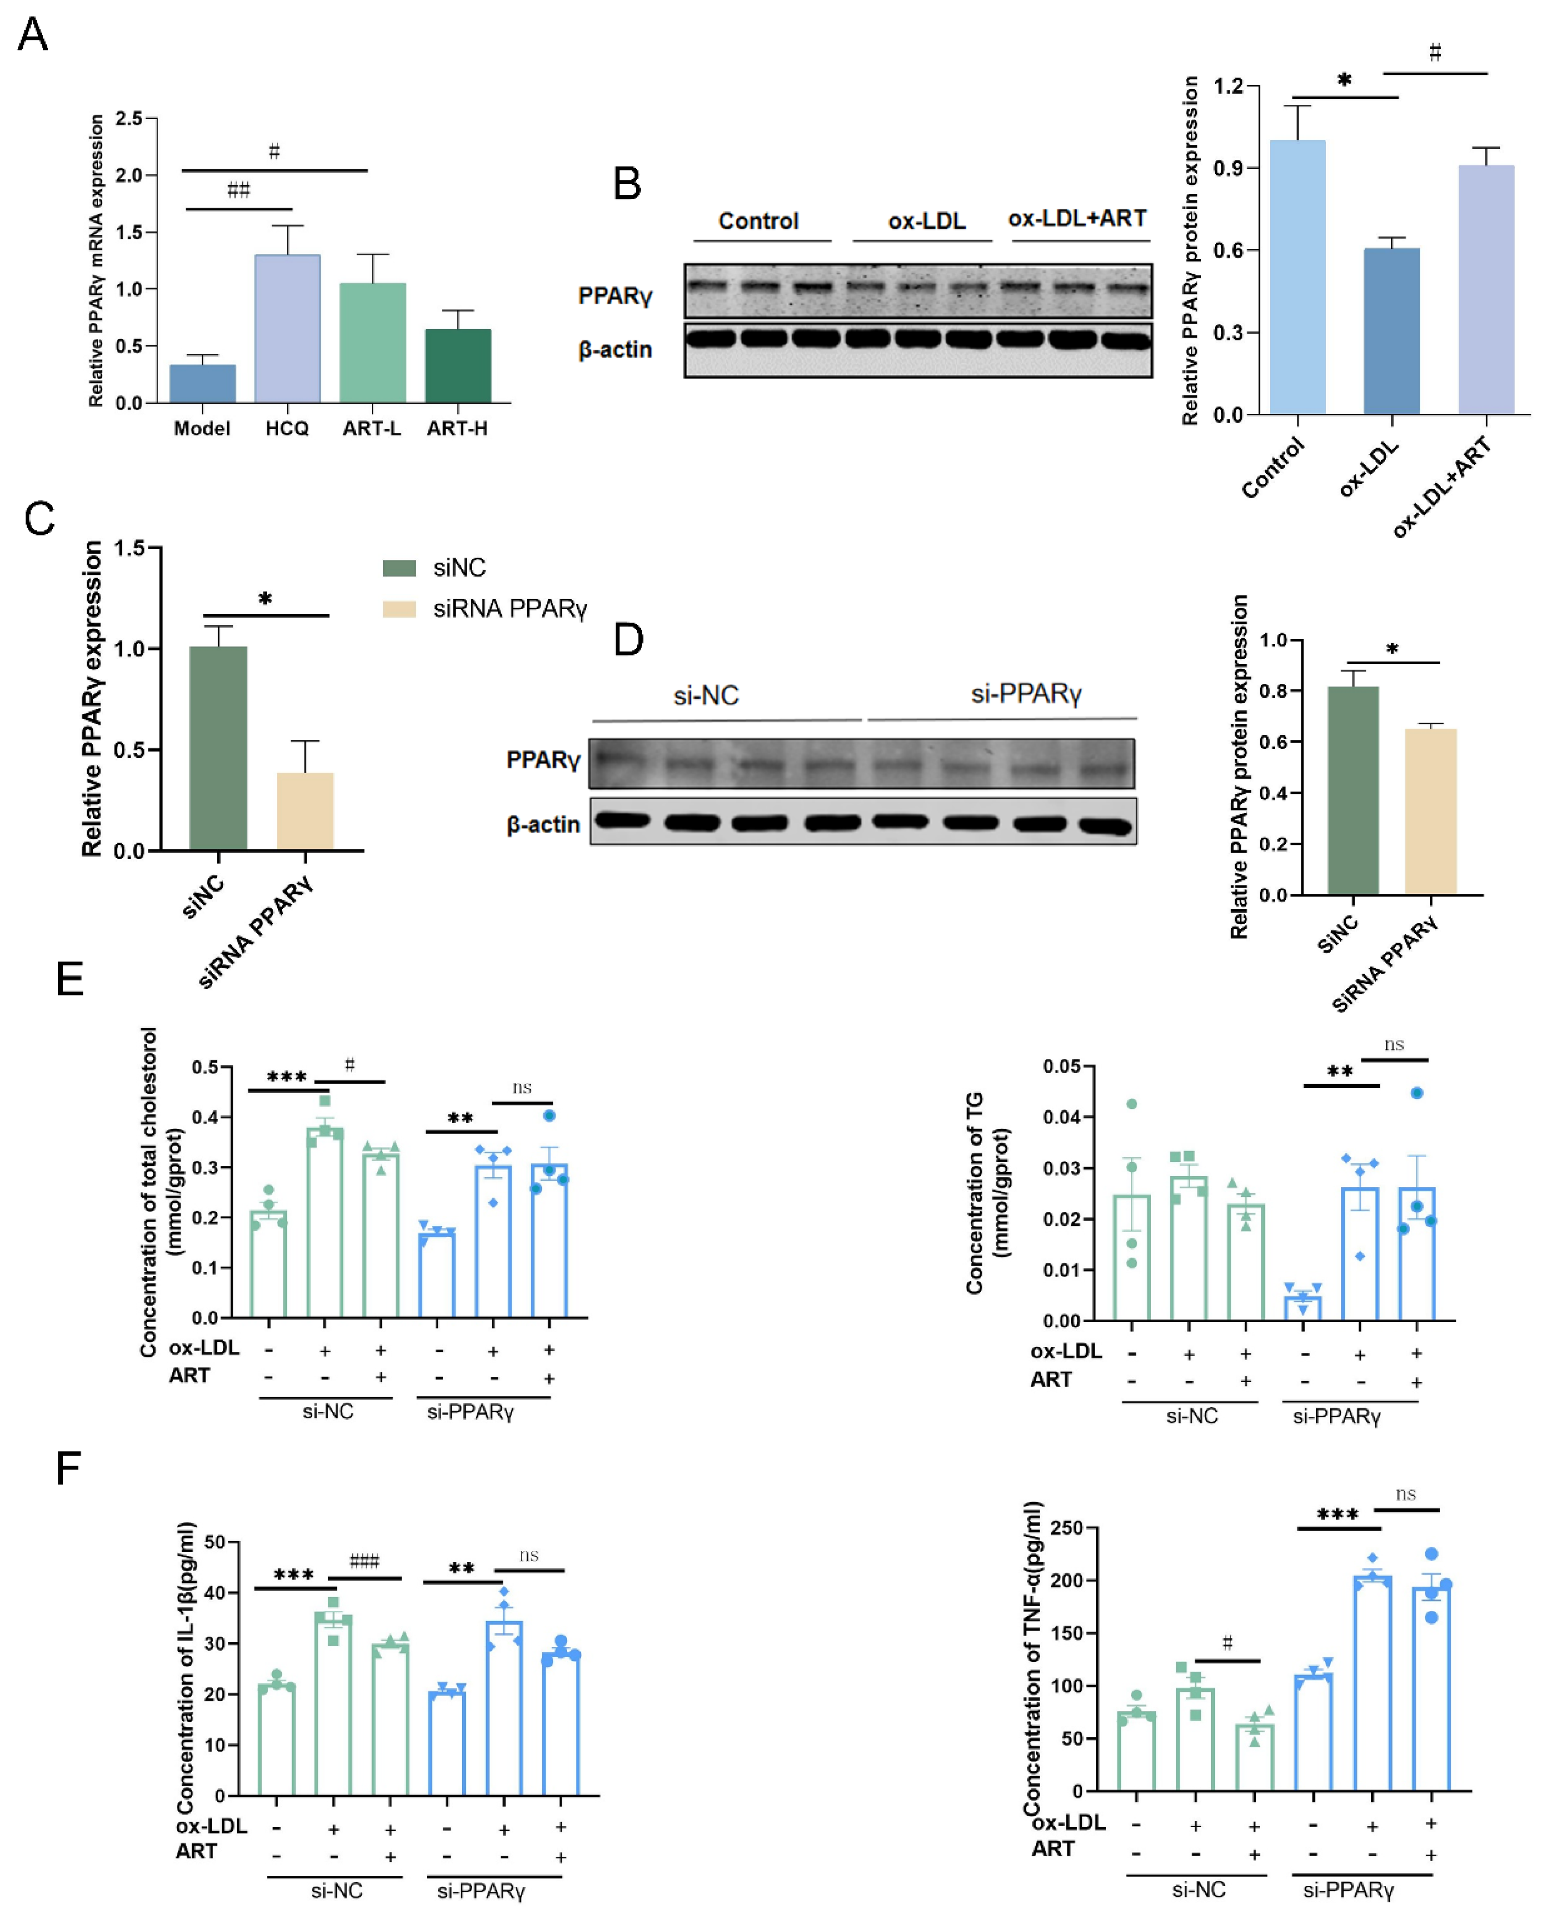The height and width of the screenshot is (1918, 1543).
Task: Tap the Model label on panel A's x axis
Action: [x=202, y=429]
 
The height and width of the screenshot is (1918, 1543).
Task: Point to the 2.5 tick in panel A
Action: [x=129, y=118]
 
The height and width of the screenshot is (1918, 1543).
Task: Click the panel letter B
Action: [x=628, y=184]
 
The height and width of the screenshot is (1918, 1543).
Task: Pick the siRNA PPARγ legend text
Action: [x=510, y=609]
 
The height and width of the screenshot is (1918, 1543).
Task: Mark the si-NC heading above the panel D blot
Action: [x=705, y=696]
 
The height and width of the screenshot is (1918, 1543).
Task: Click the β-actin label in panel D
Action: [x=543, y=825]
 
